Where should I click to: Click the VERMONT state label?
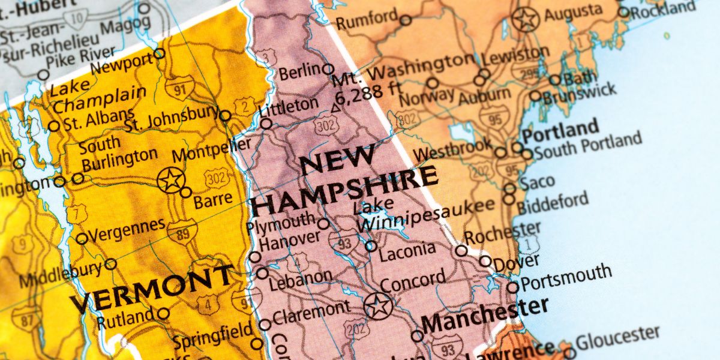(151, 287)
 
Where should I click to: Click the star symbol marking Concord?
(378, 306)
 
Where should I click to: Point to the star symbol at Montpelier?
(171, 179)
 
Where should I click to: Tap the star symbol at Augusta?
(526, 20)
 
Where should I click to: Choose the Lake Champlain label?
(98, 97)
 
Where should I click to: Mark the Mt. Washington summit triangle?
(335, 108)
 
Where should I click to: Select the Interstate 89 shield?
(182, 232)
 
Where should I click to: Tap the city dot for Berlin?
(328, 69)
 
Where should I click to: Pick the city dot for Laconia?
(371, 245)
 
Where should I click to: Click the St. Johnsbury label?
(172, 119)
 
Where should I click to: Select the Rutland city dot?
(163, 313)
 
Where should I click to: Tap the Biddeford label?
(553, 203)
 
